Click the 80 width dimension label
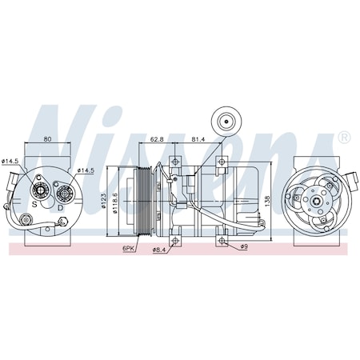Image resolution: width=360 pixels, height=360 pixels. (x=47, y=140)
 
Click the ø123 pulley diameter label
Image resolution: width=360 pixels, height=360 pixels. (x=106, y=198)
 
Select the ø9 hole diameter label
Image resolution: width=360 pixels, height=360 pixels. (x=244, y=246)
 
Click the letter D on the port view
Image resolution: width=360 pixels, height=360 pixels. (x=61, y=206)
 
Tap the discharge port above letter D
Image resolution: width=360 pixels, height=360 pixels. (x=62, y=193)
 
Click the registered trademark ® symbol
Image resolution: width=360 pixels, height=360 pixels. (x=344, y=137)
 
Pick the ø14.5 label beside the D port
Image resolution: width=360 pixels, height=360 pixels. (x=86, y=170)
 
